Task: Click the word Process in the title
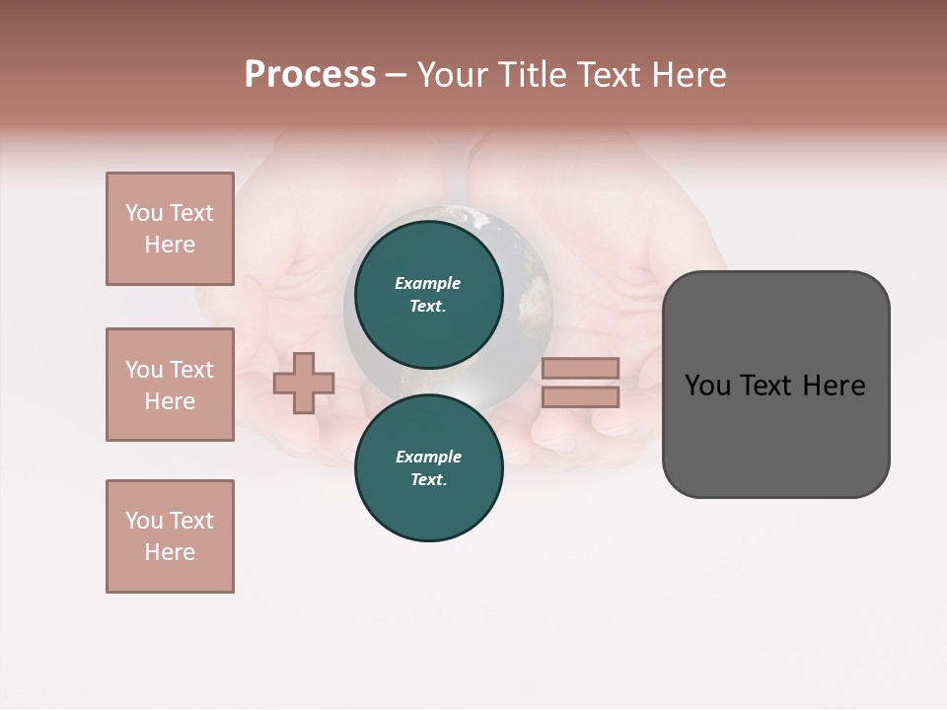[x=310, y=75]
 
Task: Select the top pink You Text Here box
[x=170, y=229]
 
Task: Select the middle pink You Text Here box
[x=170, y=385]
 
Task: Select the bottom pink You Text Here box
[x=170, y=536]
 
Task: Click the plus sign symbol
[x=304, y=383]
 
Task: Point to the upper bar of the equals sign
[x=580, y=368]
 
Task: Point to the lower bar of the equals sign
[x=580, y=397]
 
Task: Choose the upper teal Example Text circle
[x=428, y=294]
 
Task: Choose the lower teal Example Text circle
[x=428, y=467]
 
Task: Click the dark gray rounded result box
[x=775, y=434]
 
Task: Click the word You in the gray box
[x=707, y=386]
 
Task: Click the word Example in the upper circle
[x=428, y=283]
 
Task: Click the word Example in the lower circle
[x=428, y=457]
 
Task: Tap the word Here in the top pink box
[x=170, y=245]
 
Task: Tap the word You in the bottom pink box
[x=144, y=521]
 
